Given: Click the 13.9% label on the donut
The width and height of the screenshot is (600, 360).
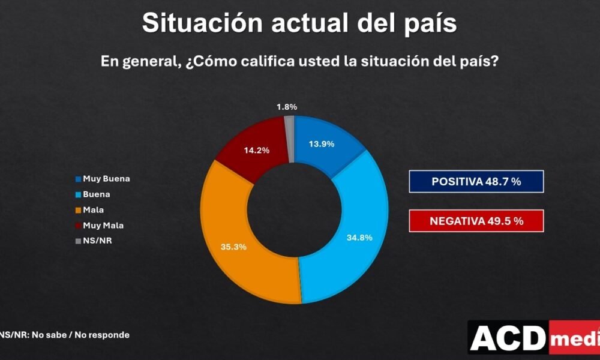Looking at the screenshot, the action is [322, 144].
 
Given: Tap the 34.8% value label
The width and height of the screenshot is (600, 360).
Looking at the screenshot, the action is [359, 238].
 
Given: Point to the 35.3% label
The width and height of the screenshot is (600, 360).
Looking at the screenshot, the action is [233, 247].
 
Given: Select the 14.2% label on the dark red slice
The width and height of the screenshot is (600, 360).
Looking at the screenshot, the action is [256, 151].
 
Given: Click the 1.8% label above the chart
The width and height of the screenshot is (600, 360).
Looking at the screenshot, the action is [287, 107].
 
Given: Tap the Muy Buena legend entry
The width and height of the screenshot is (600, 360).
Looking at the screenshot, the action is [103, 179].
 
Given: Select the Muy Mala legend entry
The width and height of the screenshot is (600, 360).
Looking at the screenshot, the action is [100, 226].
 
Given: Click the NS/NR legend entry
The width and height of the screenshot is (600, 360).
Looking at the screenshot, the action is [94, 241].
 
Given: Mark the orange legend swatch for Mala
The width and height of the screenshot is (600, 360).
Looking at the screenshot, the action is [79, 210].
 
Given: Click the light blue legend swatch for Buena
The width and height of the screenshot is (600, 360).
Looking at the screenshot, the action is [79, 194].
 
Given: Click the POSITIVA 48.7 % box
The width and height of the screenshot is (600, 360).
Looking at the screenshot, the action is [476, 181].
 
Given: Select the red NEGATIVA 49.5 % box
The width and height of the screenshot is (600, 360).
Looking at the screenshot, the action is [476, 221].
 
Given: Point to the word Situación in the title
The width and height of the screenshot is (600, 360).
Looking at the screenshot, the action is [202, 23].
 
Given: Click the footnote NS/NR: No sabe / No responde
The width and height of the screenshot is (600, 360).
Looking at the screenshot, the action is [64, 335].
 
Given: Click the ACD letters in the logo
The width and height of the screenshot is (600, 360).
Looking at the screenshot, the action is [508, 337].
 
